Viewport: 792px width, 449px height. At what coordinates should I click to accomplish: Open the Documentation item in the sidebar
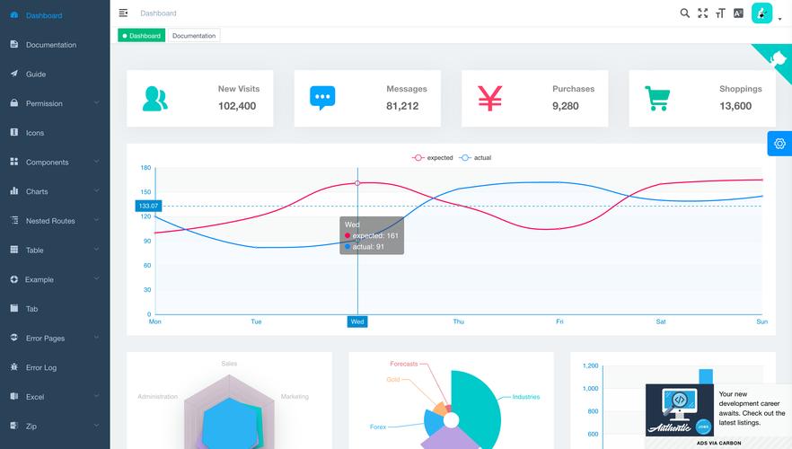[x=50, y=45]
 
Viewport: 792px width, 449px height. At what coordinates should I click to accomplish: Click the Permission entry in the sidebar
[x=44, y=103]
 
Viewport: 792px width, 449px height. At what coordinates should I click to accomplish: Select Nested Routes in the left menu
[x=50, y=221]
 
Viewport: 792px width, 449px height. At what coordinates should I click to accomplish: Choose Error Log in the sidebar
[x=41, y=367]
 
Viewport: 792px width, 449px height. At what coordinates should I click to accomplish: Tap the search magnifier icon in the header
[x=685, y=13]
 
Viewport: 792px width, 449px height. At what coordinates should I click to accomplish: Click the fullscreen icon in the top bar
[x=703, y=13]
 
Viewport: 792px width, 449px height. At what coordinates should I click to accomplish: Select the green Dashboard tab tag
[x=141, y=36]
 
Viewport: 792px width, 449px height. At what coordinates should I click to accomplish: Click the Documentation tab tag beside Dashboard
[x=194, y=36]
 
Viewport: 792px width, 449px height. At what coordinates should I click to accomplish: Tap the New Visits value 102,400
[x=237, y=106]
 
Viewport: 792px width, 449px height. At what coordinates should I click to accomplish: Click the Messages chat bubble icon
[x=322, y=98]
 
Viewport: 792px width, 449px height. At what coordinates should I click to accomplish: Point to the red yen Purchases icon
[x=489, y=98]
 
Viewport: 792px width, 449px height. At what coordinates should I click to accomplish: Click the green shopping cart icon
[x=657, y=98]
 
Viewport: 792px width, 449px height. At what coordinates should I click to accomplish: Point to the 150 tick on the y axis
[x=145, y=192]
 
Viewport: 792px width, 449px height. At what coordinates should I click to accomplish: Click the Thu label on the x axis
[x=459, y=321]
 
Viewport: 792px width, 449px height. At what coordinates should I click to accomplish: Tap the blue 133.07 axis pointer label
[x=148, y=207]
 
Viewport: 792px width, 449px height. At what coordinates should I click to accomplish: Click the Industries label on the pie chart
[x=525, y=397]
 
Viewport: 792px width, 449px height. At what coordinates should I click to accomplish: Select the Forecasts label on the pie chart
[x=403, y=364]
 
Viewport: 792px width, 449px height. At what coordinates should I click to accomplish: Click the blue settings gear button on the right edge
[x=779, y=144]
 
